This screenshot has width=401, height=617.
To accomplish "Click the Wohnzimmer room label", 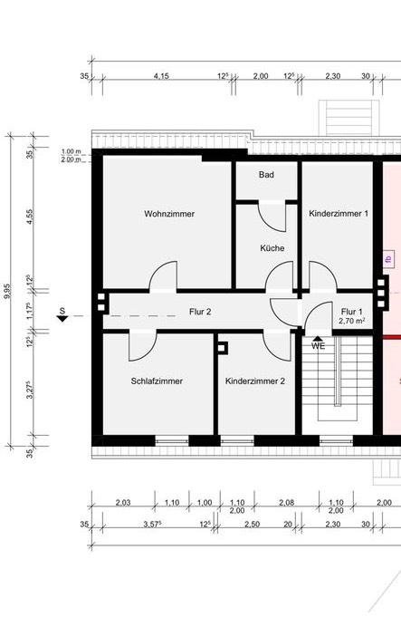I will [x=169, y=214].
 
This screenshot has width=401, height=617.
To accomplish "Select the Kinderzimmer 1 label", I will [x=339, y=214].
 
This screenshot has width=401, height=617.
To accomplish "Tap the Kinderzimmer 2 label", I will [x=255, y=381].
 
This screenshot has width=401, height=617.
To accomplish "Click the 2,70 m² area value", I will [x=351, y=321].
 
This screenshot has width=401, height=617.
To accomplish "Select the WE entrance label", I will [x=318, y=346].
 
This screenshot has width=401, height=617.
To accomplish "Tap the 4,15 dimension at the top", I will [x=161, y=77].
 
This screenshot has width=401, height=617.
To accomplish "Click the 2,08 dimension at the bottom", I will [x=287, y=502].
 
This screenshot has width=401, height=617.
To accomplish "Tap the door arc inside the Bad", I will [x=270, y=215].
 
